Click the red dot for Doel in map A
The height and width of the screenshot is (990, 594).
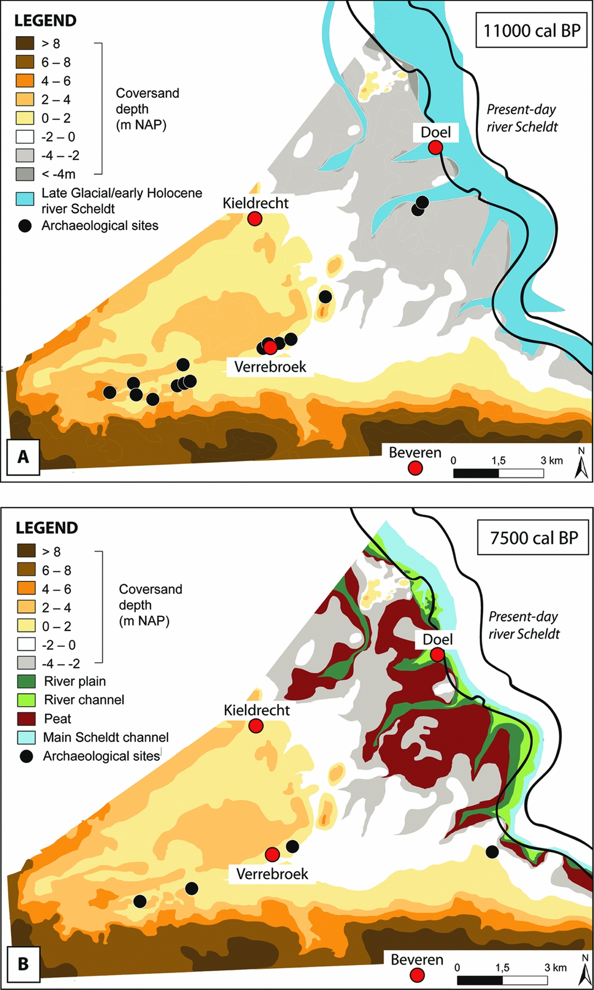point(436,147)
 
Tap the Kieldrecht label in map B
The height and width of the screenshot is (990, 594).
point(256,710)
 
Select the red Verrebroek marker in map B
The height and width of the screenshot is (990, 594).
point(272,854)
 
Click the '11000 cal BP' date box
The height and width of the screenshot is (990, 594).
point(531,30)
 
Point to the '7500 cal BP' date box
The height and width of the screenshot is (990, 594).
point(533,538)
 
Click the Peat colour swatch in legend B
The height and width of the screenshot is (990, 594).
point(26,719)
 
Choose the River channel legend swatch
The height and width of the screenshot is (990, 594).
point(26,700)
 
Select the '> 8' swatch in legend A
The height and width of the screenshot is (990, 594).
point(25,43)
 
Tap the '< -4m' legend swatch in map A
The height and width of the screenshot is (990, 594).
point(25,174)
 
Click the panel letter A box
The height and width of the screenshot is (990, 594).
point(23,457)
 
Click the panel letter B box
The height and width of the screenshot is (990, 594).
point(23,964)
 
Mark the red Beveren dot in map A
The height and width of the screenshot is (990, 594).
point(415,468)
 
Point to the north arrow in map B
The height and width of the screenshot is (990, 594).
point(584,972)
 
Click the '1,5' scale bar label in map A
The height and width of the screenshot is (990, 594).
point(498,461)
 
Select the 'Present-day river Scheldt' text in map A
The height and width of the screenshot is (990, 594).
point(522,118)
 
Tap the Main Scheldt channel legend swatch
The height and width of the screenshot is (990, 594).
point(26,737)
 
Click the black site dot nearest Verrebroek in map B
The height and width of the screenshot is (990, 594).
point(292,846)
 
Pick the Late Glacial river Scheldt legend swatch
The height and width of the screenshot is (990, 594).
point(25,199)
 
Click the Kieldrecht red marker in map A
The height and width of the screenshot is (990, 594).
point(255,218)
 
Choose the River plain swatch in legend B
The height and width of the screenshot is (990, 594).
point(26,681)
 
